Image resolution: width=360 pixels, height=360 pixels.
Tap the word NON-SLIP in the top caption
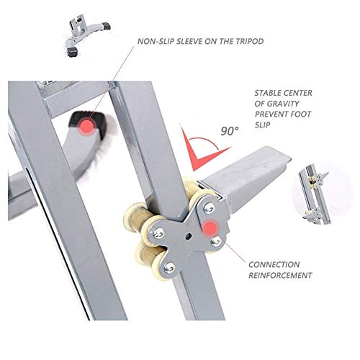pos(156,41)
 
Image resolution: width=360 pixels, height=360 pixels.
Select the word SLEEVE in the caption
pos(189,41)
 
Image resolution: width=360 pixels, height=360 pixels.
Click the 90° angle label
pos(230,131)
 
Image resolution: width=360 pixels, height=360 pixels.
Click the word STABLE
pos(269,93)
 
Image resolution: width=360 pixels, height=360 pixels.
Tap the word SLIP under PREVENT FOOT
pos(262,125)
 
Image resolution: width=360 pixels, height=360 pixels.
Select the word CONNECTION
pos(274,264)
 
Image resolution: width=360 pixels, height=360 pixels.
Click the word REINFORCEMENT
pos(280,275)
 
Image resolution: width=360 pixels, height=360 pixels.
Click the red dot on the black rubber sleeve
pos(87,126)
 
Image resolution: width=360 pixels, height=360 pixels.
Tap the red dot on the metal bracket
pos(210,227)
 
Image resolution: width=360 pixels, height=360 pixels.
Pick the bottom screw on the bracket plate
pos(170,267)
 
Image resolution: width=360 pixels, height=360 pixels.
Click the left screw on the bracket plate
pos(159,232)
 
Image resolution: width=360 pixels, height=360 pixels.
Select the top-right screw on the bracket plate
pos(209,207)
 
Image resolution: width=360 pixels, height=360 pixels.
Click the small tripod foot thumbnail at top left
pos(86,36)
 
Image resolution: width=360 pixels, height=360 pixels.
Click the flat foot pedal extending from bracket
pos(247,175)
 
